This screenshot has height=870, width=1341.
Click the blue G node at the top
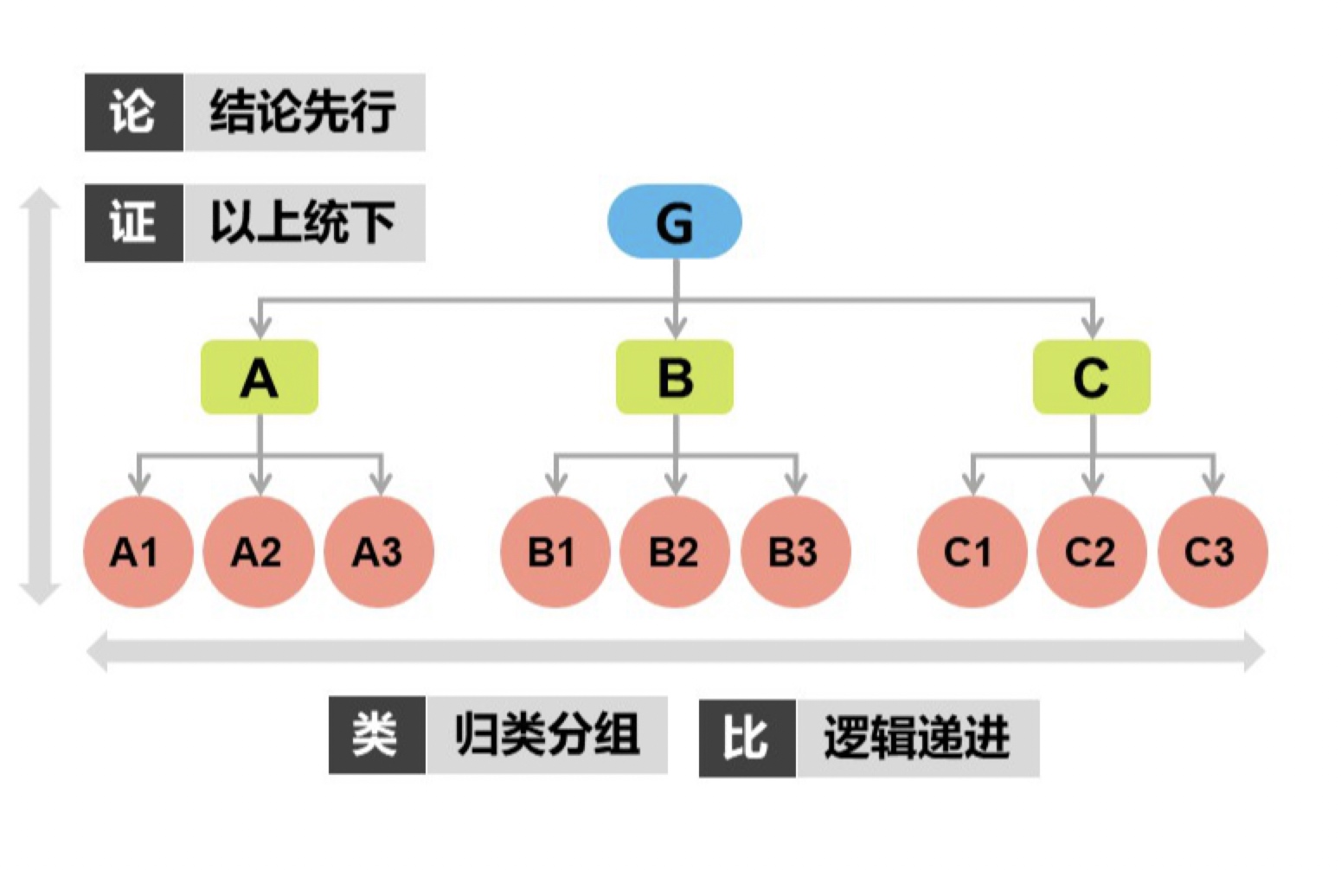coord(674,221)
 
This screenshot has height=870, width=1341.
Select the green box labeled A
coord(260,378)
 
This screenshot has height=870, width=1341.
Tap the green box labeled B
coord(675,378)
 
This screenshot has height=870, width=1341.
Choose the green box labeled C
coord(1092,378)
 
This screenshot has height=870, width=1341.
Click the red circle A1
coord(138,552)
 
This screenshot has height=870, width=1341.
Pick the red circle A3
coord(379,552)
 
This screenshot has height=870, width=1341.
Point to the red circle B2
coord(675,552)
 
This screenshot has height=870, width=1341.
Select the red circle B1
coord(555,552)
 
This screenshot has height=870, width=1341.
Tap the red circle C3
coord(1212,552)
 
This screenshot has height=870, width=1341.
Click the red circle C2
coord(1092,552)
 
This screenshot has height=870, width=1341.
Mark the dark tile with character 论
coord(133,112)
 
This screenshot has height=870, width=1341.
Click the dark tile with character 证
coord(133,222)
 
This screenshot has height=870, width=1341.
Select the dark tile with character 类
coord(376,735)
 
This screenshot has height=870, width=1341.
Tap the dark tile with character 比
coord(747,738)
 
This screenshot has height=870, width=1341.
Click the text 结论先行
coord(303,112)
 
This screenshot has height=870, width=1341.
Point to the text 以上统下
coord(303,222)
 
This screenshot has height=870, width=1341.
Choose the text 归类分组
coord(547,735)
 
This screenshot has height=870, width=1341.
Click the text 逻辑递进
coord(917,738)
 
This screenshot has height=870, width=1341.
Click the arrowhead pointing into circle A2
coord(260,484)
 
